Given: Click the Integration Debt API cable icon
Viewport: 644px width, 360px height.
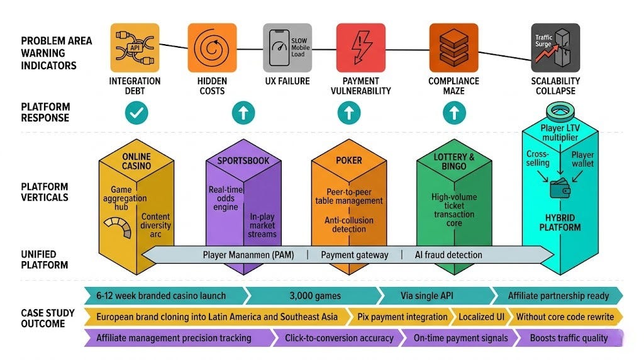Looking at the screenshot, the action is pyautogui.click(x=135, y=48).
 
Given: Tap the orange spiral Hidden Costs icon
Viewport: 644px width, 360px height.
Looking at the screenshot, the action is pyautogui.click(x=212, y=48).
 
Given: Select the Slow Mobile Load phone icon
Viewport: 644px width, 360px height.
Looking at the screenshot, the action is pyautogui.click(x=287, y=48).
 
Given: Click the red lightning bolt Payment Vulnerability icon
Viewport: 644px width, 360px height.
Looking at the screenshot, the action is pyautogui.click(x=360, y=48).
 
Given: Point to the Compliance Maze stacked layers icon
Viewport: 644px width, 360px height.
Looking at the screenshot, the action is pyautogui.click(x=453, y=48).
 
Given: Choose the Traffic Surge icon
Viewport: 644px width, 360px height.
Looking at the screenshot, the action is pyautogui.click(x=555, y=48).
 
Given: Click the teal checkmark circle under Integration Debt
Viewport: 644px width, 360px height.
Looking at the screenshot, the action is pyautogui.click(x=136, y=113).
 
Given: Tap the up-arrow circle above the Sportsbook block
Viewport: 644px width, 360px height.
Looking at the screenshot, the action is pyautogui.click(x=243, y=113).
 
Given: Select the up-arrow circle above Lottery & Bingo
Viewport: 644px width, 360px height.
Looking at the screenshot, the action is pyautogui.click(x=454, y=113).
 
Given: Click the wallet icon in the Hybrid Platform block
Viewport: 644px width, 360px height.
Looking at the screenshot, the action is pyautogui.click(x=560, y=189).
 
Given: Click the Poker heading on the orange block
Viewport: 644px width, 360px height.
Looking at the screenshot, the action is pyautogui.click(x=349, y=160).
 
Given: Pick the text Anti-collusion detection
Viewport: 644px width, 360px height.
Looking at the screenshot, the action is pyautogui.click(x=349, y=225).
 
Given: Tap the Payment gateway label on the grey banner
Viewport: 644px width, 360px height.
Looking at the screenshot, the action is pyautogui.click(x=355, y=255).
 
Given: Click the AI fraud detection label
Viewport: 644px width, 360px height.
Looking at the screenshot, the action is pyautogui.click(x=448, y=255).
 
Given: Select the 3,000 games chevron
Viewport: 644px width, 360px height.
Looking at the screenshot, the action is pyautogui.click(x=315, y=296).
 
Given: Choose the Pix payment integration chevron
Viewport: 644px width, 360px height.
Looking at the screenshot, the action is pyautogui.click(x=402, y=317).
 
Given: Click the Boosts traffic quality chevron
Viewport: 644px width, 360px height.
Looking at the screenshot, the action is pyautogui.click(x=569, y=338).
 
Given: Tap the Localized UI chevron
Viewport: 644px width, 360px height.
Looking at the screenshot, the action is pyautogui.click(x=481, y=317).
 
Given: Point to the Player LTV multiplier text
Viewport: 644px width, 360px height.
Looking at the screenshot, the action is pyautogui.click(x=560, y=133).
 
